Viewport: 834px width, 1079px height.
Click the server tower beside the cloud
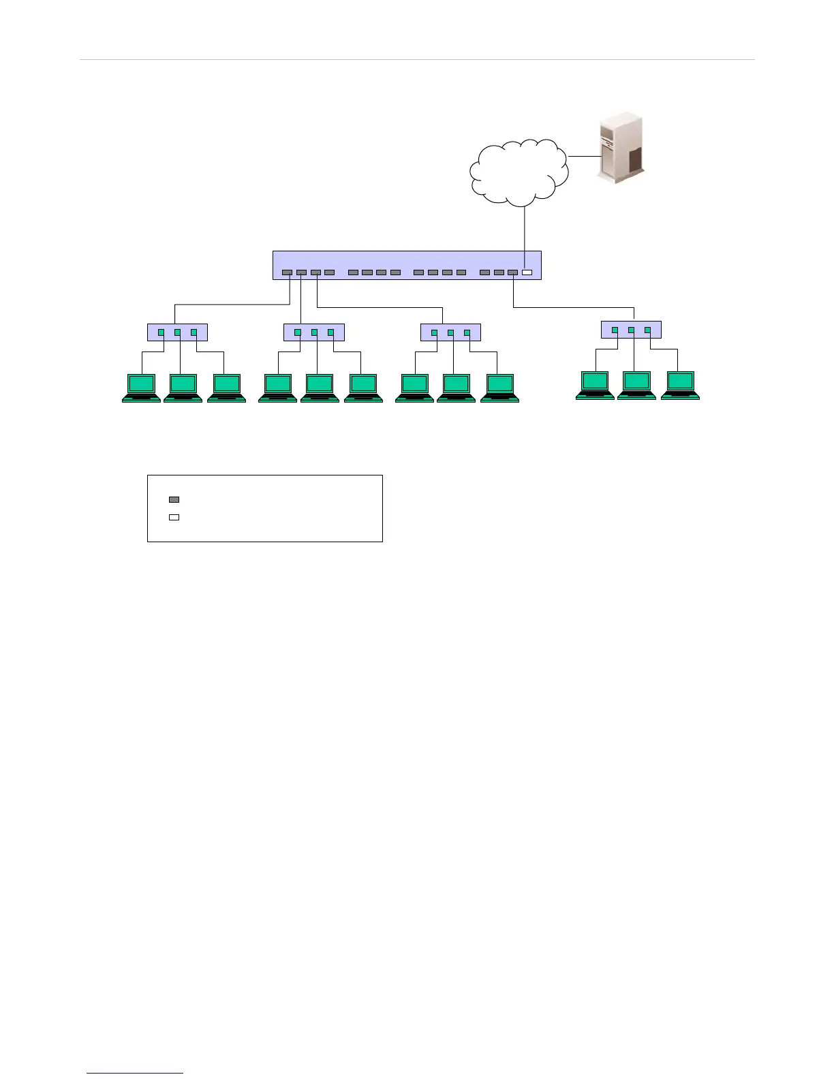click(x=620, y=150)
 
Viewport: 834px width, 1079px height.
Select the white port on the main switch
click(x=527, y=272)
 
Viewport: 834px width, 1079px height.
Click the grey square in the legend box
click(x=174, y=499)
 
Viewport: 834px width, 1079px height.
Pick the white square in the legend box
click(x=174, y=517)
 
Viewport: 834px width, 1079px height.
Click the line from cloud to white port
click(x=525, y=232)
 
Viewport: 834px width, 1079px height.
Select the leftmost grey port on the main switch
click(x=287, y=272)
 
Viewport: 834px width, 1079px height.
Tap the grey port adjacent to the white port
click(x=512, y=272)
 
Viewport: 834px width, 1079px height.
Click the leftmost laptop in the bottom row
click(x=141, y=388)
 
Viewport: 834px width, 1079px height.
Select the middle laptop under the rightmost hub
click(x=636, y=385)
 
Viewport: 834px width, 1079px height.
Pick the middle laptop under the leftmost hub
click(x=183, y=388)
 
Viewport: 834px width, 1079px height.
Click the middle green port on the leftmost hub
click(x=177, y=332)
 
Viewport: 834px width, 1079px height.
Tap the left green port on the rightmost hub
click(x=615, y=330)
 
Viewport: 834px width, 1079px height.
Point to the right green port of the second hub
click(x=331, y=332)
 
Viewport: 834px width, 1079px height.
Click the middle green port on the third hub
click(x=450, y=332)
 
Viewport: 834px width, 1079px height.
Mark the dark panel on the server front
click(x=635, y=160)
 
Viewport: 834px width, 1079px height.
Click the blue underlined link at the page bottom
click(x=135, y=1073)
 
